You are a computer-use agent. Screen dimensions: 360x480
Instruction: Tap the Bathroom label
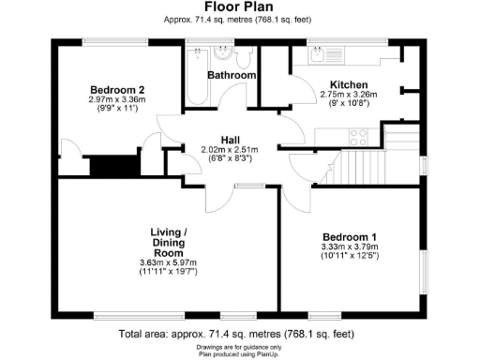click(232, 75)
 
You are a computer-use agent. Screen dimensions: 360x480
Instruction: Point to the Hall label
click(231, 139)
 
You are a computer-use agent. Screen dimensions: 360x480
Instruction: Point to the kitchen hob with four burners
click(359, 135)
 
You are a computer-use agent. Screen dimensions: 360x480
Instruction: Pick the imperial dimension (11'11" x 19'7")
click(171, 272)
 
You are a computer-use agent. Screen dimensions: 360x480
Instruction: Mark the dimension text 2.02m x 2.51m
click(230, 149)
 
